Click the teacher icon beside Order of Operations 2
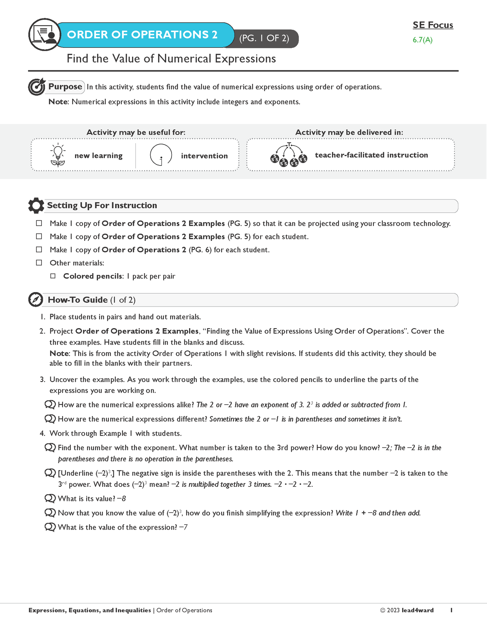pos(44,35)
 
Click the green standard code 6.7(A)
pos(422,40)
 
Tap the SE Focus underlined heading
pos(433,25)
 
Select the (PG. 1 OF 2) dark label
pos(264,38)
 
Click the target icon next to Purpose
pos(36,87)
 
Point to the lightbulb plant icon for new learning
pos(58,155)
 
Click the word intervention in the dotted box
pos(204,156)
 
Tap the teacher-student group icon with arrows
pos(289,155)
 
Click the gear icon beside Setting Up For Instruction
pos(36,206)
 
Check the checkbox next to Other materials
pos(39,263)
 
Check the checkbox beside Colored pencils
pos(53,276)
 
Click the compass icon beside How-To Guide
pos(36,300)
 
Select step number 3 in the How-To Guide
pos(42,380)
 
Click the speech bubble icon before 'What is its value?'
pos(50,498)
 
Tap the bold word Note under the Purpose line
pos(58,102)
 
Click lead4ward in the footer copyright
pos(418,610)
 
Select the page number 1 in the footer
pos(451,610)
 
